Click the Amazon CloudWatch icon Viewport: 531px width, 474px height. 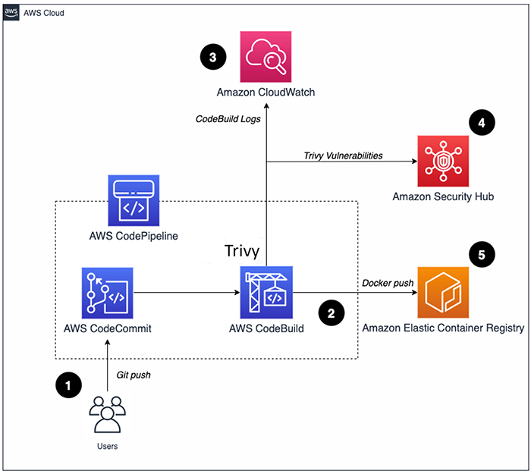tap(265, 56)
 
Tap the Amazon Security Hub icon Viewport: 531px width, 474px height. tap(443, 161)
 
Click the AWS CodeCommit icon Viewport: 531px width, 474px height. tap(108, 292)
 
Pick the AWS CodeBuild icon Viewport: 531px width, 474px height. tap(266, 292)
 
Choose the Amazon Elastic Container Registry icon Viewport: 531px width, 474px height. tap(443, 292)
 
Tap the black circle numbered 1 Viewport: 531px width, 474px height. tap(69, 386)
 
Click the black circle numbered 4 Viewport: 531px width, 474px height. tap(482, 123)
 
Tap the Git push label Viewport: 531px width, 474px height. tap(133, 374)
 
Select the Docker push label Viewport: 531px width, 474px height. tap(387, 283)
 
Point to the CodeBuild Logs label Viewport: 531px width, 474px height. tap(227, 118)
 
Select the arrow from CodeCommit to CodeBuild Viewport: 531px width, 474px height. tap(186, 292)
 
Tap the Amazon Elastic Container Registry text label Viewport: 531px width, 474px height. tap(443, 328)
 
